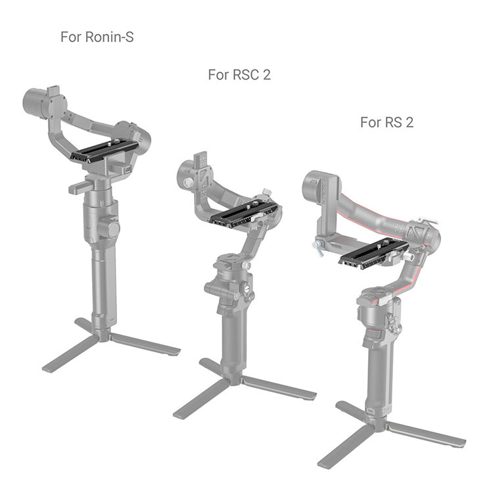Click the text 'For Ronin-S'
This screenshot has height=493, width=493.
click(x=97, y=37)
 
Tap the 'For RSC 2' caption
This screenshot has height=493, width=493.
click(x=239, y=75)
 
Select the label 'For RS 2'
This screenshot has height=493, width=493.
click(x=387, y=122)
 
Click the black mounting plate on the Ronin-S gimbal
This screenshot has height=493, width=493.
click(x=105, y=152)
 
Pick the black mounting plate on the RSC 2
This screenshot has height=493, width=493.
click(x=244, y=215)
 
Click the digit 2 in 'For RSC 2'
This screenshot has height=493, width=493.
click(x=267, y=75)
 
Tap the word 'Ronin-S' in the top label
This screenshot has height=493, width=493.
click(x=109, y=37)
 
